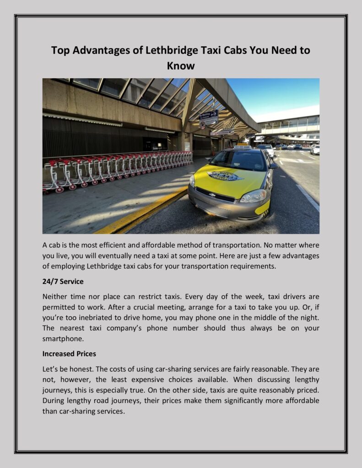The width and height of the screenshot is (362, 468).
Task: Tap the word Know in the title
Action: (181, 66)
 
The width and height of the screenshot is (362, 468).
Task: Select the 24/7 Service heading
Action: (63, 282)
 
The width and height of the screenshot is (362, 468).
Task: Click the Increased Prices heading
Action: (69, 353)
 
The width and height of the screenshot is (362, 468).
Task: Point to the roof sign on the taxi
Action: (242, 147)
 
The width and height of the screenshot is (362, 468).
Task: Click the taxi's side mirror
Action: (273, 166)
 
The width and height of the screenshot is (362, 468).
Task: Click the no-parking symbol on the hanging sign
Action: (202, 124)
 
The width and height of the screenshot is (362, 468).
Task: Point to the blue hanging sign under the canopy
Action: (209, 117)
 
